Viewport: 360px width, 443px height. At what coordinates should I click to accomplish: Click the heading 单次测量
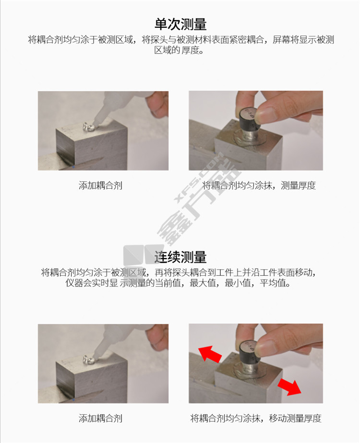[180, 24]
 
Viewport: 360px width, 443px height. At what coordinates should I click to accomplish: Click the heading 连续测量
[180, 257]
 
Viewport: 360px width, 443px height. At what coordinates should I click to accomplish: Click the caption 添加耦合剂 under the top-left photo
[100, 185]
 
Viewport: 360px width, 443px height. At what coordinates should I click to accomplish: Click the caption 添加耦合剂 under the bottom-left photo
[100, 418]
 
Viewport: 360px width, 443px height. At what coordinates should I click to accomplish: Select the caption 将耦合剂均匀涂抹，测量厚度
[259, 185]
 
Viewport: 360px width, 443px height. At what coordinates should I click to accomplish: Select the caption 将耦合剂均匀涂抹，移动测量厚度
[256, 418]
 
